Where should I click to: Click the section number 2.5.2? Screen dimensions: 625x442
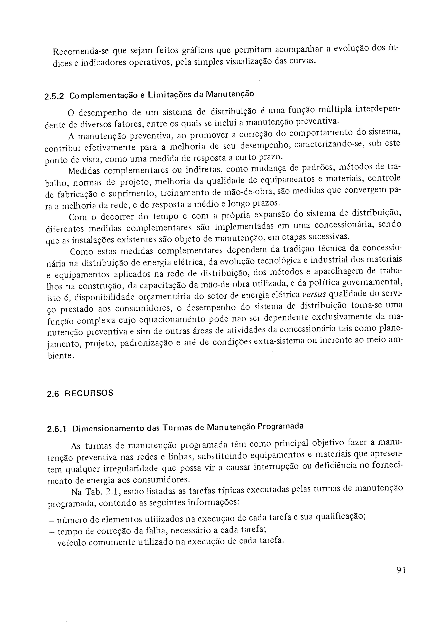coord(54,97)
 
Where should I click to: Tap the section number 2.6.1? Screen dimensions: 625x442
coord(57,429)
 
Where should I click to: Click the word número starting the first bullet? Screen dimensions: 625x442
coord(71,520)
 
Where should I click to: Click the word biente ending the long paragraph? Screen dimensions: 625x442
coord(60,356)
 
